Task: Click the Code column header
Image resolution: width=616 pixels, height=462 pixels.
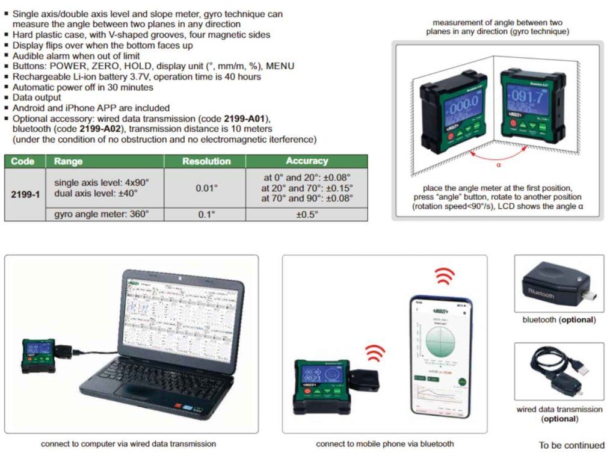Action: pyautogui.click(x=23, y=161)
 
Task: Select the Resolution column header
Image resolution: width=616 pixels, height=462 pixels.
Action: pyautogui.click(x=206, y=161)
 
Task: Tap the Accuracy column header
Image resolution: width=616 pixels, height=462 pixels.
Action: pyautogui.click(x=307, y=161)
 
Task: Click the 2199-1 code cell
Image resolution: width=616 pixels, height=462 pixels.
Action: pyautogui.click(x=25, y=195)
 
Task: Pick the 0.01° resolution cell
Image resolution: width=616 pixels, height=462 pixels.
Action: pyautogui.click(x=206, y=188)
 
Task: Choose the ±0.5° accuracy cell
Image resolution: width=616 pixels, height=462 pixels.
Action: pyautogui.click(x=307, y=214)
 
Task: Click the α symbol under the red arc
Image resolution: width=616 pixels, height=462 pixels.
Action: pyautogui.click(x=498, y=164)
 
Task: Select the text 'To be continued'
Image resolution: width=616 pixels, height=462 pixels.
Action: pyautogui.click(x=571, y=445)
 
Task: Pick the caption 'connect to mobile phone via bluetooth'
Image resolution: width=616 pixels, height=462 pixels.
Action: pyautogui.click(x=385, y=444)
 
